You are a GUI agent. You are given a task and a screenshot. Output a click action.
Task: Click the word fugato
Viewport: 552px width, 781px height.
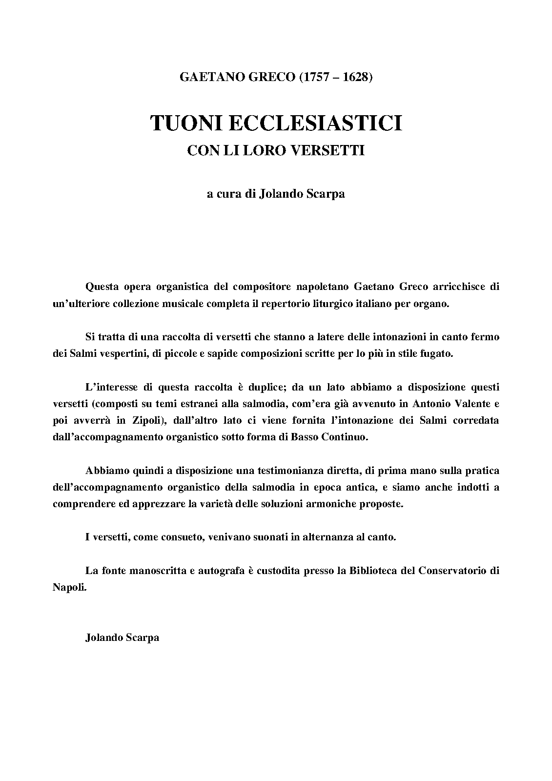coord(436,353)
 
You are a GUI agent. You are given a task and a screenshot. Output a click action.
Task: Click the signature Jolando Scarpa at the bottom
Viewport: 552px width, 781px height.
coord(122,637)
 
